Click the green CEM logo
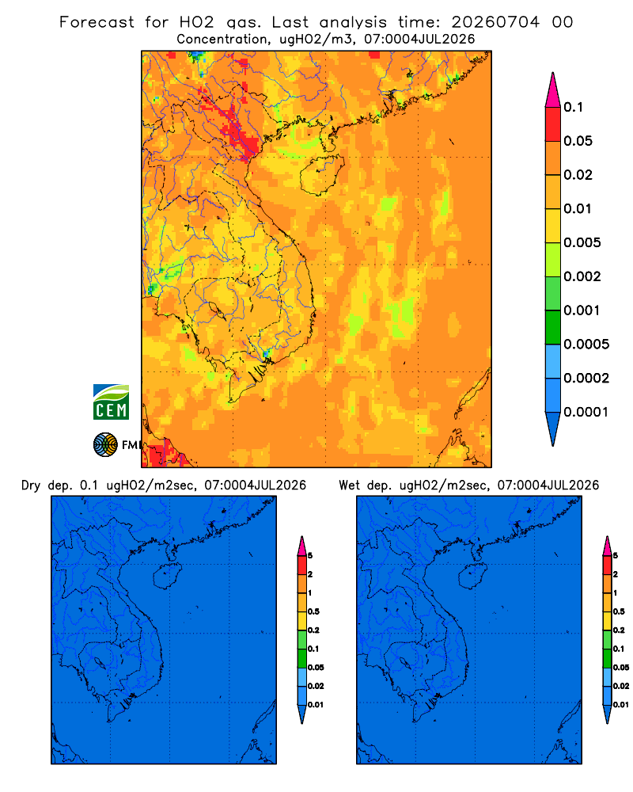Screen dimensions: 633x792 [111, 402]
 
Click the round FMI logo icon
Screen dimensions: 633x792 [105, 444]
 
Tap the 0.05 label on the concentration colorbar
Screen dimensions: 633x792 [578, 141]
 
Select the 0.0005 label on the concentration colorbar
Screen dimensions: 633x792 [586, 345]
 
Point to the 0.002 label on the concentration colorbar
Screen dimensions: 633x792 [582, 276]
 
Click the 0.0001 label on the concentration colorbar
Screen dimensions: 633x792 [586, 412]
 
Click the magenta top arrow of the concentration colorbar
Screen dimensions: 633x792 [553, 89]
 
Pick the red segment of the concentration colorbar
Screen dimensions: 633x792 [553, 124]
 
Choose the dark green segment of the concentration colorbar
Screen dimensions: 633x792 [553, 327]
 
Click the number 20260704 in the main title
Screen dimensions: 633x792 [495, 22]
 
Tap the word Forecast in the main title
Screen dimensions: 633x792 [97, 22]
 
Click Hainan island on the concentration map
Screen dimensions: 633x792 [322, 175]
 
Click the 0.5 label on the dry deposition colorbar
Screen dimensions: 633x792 [313, 611]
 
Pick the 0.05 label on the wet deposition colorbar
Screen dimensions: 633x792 [621, 667]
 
